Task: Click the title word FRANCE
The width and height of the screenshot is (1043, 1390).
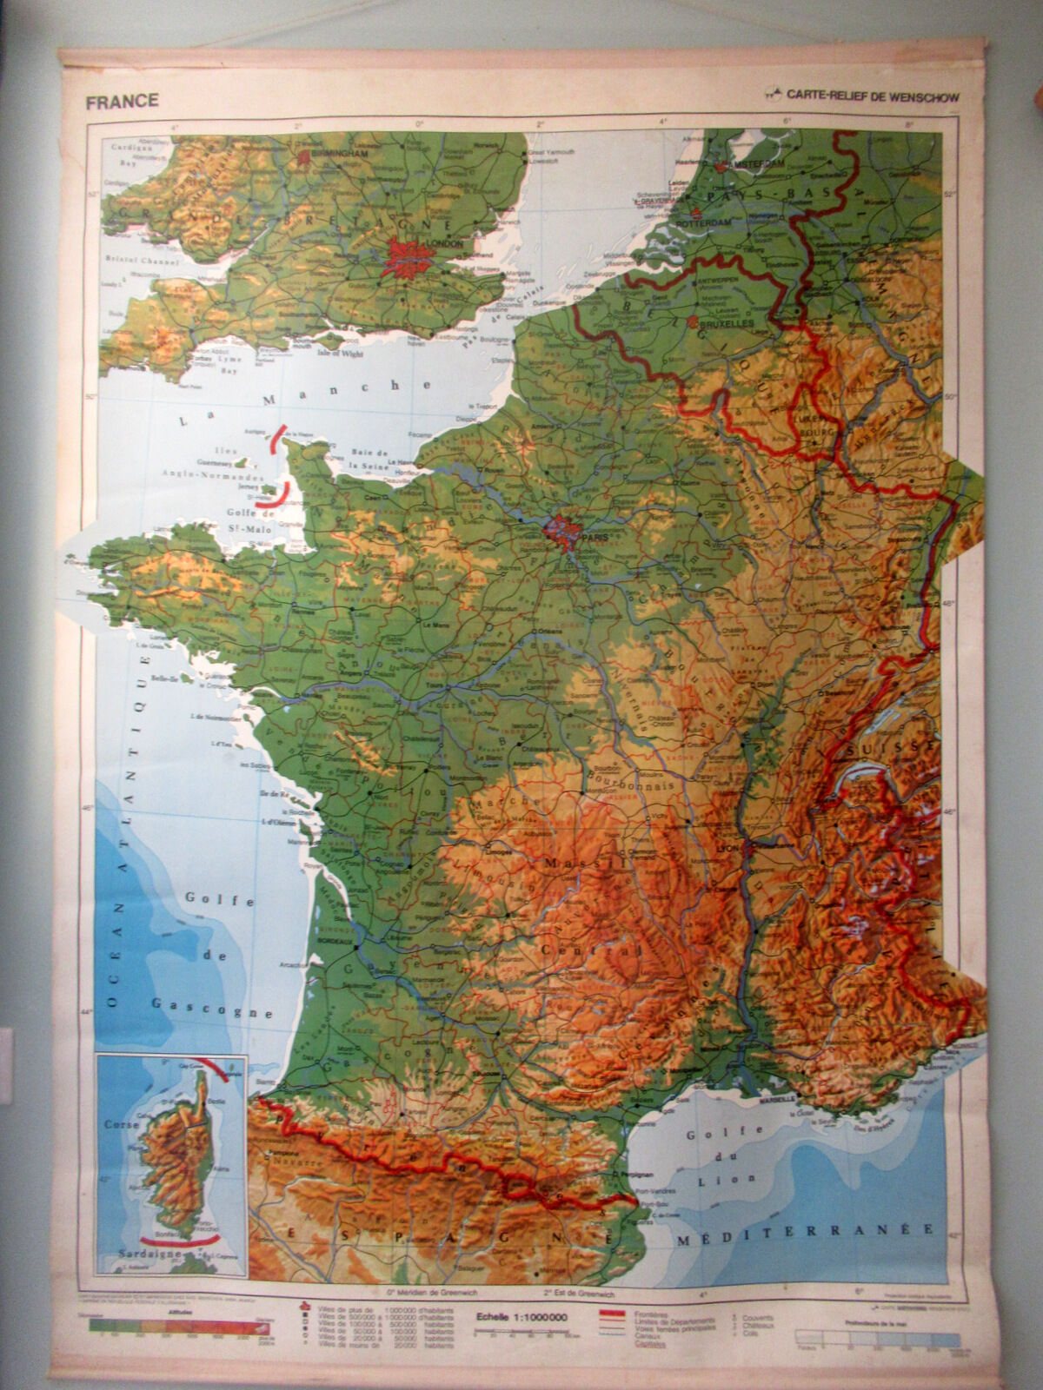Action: click(x=122, y=101)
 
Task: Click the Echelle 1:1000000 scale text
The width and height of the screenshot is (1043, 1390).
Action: click(x=521, y=1316)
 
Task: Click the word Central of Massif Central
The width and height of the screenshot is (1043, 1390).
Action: click(x=600, y=953)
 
